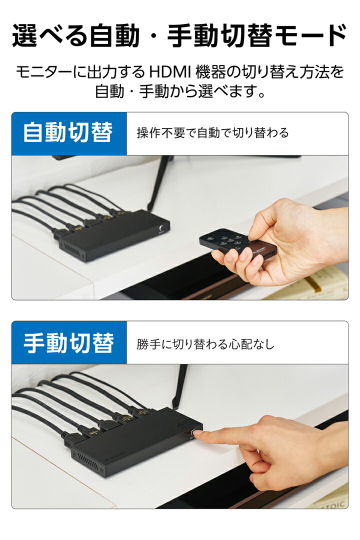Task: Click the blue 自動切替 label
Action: click(68, 133)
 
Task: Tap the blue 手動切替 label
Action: click(68, 343)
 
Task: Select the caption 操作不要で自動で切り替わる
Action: click(212, 133)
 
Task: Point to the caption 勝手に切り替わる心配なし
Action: click(205, 344)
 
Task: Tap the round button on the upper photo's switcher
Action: click(161, 229)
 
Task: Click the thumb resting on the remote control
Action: click(260, 229)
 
